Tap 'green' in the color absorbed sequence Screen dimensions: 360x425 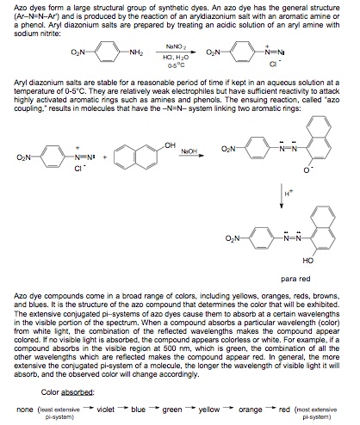tap(172, 410)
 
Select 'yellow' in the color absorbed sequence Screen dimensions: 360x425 tap(209, 410)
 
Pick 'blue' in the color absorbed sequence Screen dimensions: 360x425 tap(139, 410)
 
